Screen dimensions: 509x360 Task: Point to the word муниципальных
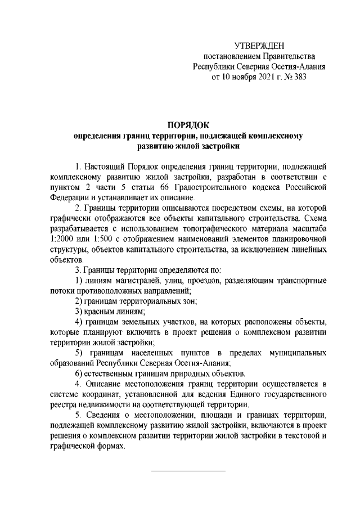(x=299, y=353)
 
